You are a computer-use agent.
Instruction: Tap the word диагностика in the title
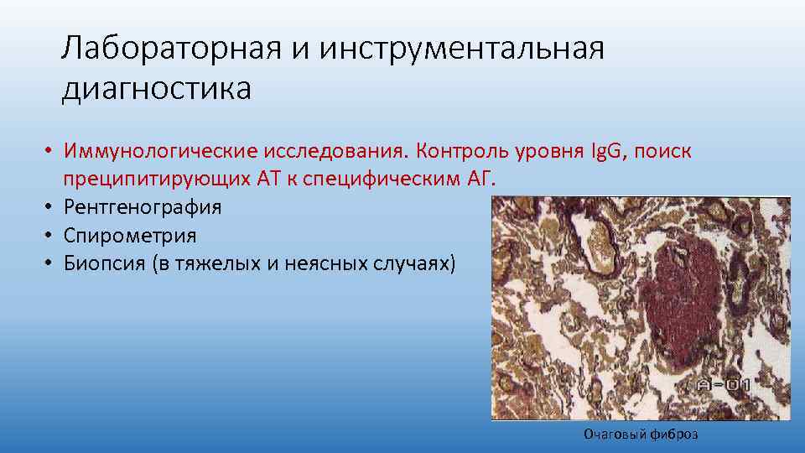(156, 88)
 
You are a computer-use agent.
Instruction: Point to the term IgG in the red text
(614, 152)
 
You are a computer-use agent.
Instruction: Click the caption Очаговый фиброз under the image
(641, 434)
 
